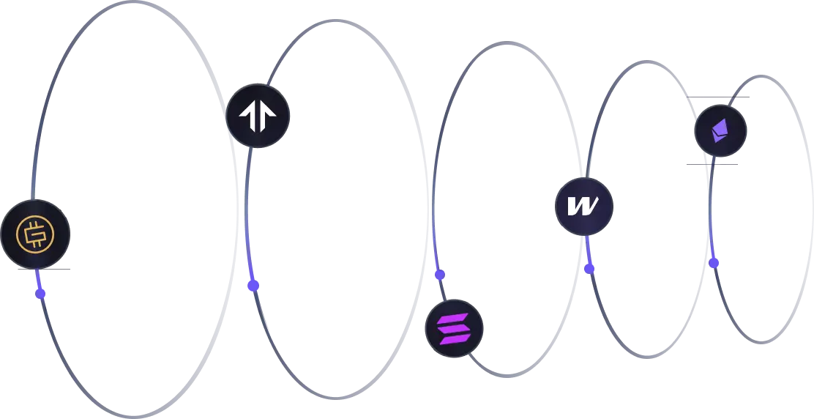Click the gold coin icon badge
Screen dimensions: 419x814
click(34, 234)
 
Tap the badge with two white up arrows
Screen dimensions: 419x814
click(257, 116)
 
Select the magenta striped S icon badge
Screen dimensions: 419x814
click(455, 327)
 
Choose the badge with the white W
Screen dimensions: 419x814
click(584, 207)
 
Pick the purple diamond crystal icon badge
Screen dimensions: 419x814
click(720, 131)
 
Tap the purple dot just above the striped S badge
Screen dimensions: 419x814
click(440, 275)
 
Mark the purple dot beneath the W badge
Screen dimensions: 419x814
click(589, 268)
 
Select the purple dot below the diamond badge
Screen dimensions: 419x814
click(714, 262)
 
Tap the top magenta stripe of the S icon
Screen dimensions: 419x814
click(455, 317)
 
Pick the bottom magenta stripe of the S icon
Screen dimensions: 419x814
click(453, 338)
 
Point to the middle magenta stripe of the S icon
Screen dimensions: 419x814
click(455, 327)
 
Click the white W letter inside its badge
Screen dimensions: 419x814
click(584, 207)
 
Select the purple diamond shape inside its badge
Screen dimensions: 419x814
click(720, 131)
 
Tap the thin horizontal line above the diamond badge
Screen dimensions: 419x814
click(717, 97)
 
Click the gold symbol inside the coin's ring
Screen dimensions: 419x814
click(34, 234)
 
